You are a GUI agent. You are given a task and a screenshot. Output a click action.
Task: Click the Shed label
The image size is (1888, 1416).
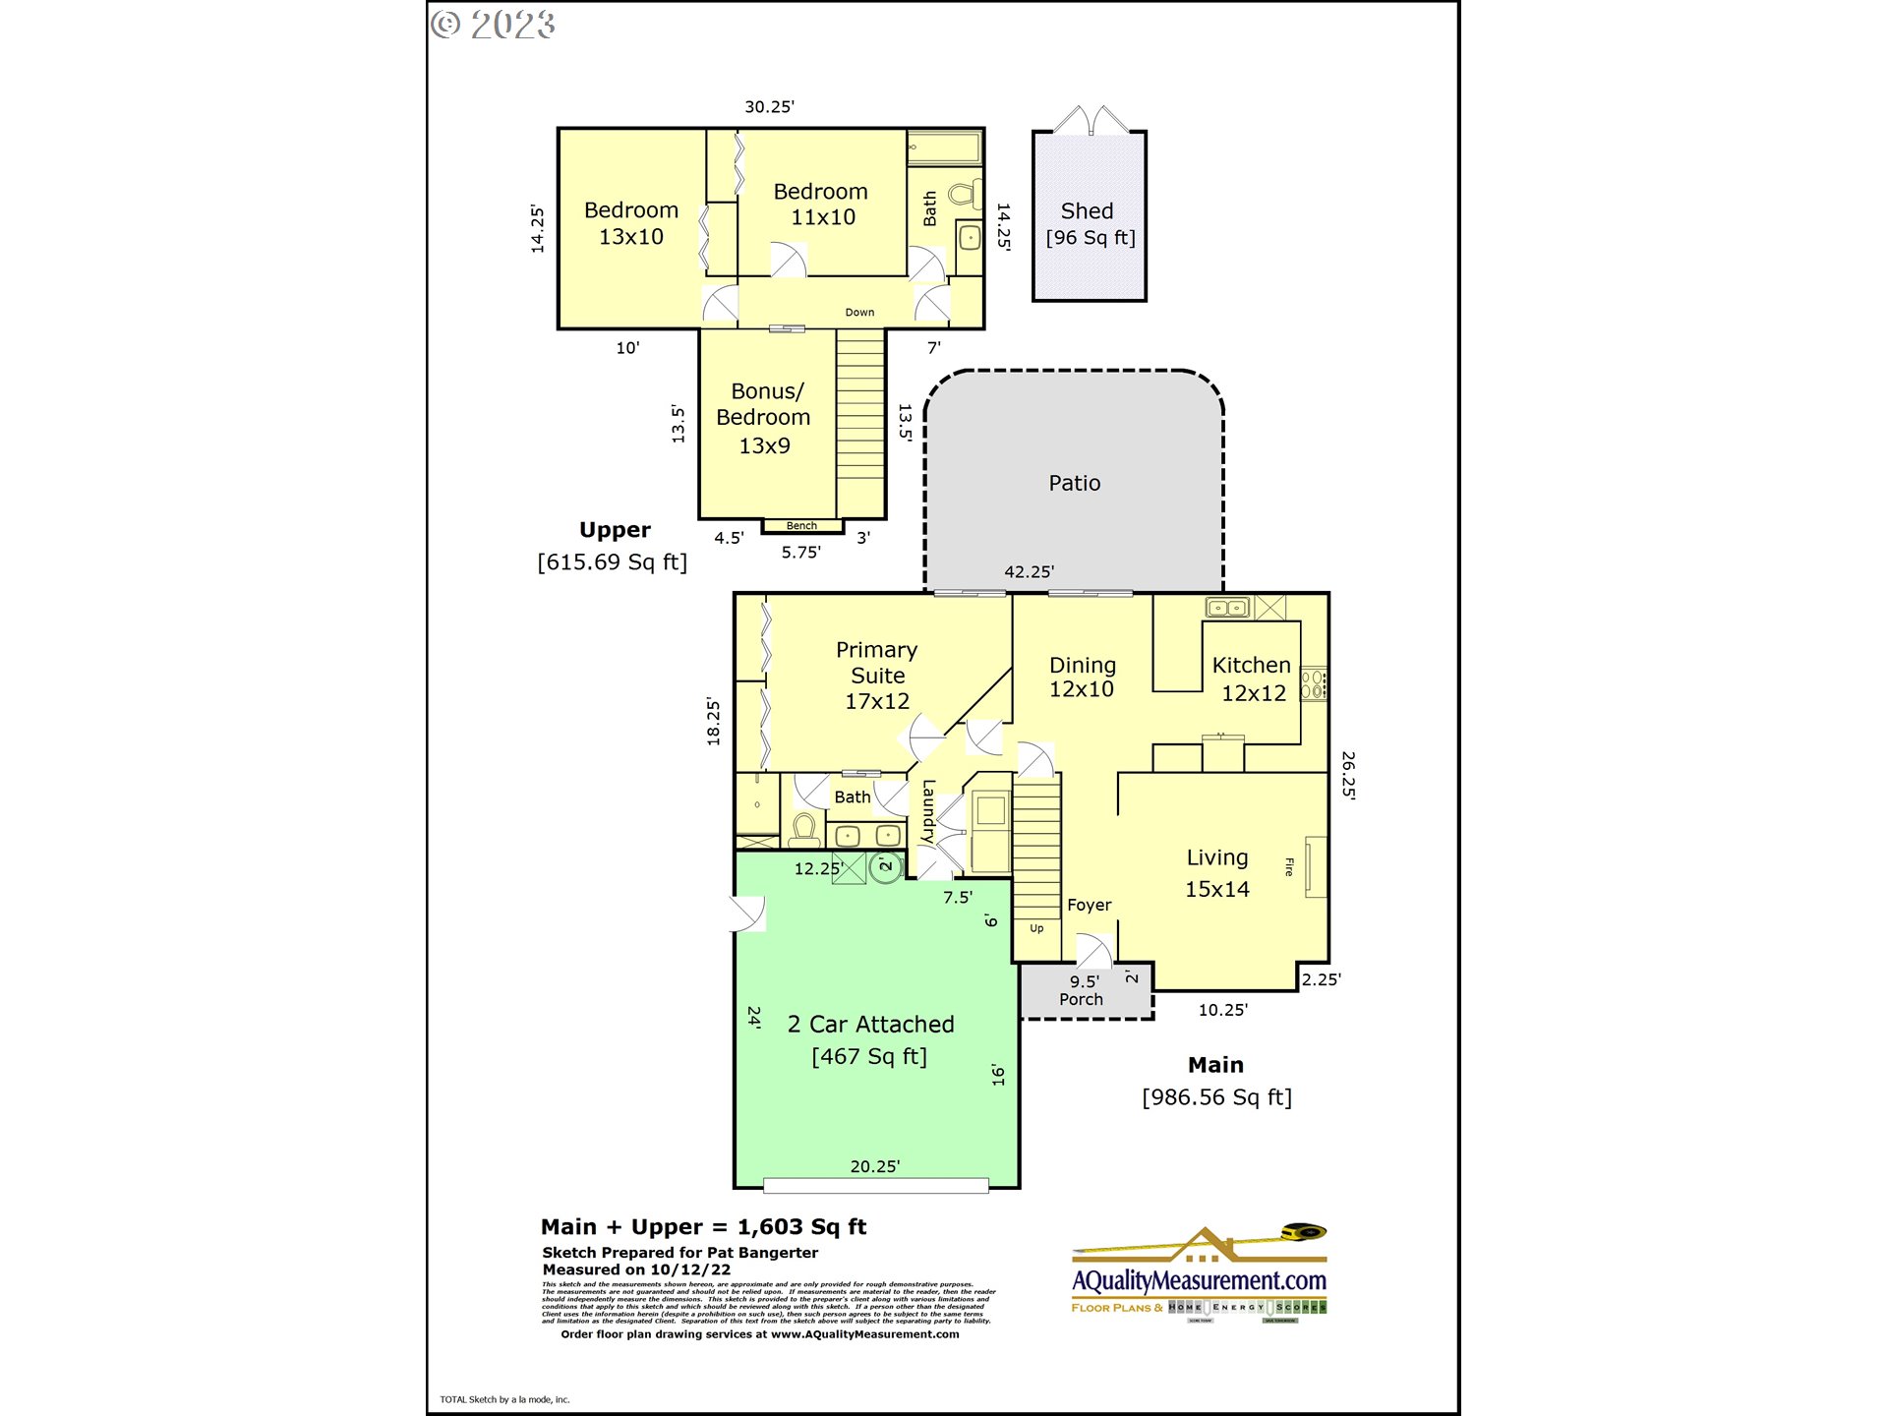point(1087,211)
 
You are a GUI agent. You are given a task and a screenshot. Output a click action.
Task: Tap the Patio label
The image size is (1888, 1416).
point(1074,483)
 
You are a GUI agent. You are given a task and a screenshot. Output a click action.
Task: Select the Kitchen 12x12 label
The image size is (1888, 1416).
point(1251,678)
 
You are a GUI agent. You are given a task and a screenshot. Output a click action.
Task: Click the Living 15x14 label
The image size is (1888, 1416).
point(1216,873)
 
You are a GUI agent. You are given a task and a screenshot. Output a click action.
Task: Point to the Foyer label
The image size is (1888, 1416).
point(1089,905)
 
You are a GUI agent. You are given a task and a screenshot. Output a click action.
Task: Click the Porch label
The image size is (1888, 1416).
point(1081,999)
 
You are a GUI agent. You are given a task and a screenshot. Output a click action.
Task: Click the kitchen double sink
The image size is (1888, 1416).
point(1226,608)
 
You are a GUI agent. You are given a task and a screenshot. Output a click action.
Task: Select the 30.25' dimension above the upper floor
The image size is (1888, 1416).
point(769,106)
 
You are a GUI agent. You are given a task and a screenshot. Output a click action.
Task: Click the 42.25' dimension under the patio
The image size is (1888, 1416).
point(1029,571)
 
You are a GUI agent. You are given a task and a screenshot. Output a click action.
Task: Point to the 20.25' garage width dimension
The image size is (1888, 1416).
point(874,1166)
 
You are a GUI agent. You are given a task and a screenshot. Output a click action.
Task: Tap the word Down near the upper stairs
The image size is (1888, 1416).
point(859,313)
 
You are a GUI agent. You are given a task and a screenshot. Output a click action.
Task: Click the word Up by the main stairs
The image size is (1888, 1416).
point(1036,928)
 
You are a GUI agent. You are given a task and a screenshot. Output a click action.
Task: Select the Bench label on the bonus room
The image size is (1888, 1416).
point(801,526)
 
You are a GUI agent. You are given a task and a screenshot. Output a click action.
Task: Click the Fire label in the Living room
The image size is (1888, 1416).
point(1289,866)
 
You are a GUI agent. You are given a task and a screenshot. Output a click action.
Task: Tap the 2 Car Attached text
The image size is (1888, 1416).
point(870,1025)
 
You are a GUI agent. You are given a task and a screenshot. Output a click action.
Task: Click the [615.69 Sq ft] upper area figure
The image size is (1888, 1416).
point(612,562)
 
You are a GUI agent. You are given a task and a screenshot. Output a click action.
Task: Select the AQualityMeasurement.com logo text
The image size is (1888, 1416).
point(1199,1280)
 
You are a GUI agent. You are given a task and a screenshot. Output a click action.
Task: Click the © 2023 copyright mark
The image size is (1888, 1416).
point(494,25)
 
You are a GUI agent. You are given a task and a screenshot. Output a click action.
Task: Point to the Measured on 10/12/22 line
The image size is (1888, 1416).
point(636,1269)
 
